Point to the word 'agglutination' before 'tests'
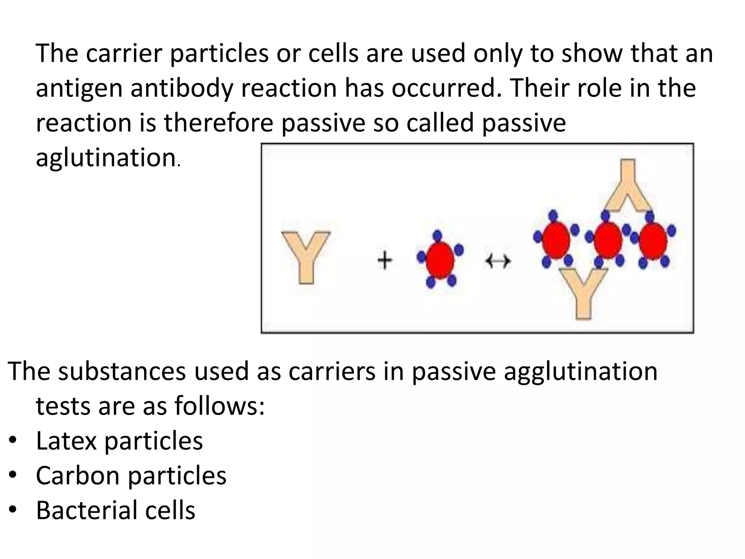581,372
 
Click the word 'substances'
122,372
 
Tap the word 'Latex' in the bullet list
66,441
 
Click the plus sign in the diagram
385,261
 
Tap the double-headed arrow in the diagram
498,261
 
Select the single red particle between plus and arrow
440,260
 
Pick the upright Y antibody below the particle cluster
583,291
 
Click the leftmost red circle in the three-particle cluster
555,241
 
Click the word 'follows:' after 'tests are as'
219,407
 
